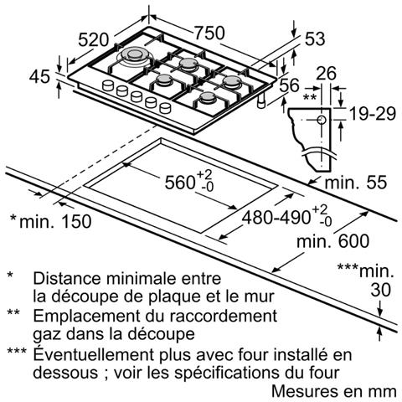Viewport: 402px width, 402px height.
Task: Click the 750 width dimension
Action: [209, 33]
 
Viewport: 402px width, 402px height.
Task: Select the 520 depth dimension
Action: [93, 39]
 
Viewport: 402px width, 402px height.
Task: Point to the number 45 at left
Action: [40, 76]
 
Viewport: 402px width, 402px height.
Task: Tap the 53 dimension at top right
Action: [315, 39]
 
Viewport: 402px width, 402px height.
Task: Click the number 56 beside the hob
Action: [289, 85]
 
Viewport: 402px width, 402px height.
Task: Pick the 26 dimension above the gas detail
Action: [326, 74]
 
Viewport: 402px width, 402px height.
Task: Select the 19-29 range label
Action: [373, 114]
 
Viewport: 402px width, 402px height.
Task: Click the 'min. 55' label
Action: [356, 183]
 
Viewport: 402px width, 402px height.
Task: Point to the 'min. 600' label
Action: [332, 241]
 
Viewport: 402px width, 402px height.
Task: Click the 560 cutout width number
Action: [179, 183]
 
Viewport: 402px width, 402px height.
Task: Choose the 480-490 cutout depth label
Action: [276, 217]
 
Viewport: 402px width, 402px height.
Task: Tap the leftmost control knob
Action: [108, 85]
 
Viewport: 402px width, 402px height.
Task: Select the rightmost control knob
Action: [165, 108]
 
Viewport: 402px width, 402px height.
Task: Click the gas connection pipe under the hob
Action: [261, 101]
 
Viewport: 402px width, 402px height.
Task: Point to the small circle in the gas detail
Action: [322, 120]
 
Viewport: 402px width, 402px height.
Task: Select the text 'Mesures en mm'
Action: [334, 391]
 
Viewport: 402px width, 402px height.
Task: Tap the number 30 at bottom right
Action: [381, 290]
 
